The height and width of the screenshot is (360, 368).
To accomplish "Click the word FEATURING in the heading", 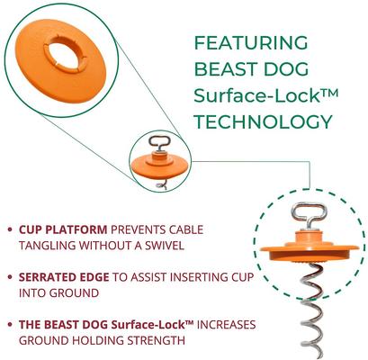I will pyautogui.click(x=251, y=42).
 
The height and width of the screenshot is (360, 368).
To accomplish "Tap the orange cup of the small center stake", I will pyautogui.click(x=163, y=166).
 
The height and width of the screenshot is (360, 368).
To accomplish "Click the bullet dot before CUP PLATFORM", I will pyautogui.click(x=9, y=229).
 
